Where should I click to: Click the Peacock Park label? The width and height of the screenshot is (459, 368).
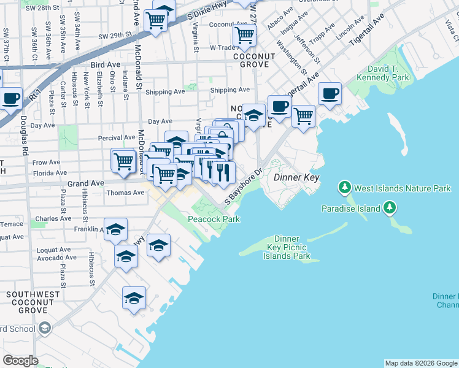pos(213,219)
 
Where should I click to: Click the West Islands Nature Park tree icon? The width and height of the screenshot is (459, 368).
pos(345,186)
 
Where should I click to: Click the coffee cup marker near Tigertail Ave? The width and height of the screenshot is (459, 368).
pos(330,93)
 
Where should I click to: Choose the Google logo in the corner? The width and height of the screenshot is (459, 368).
pos(20,360)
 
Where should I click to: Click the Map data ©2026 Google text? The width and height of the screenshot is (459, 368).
pos(420,363)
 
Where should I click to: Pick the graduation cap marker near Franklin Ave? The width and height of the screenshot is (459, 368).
pos(115,230)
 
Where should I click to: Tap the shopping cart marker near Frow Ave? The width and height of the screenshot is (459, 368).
pos(123,161)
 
